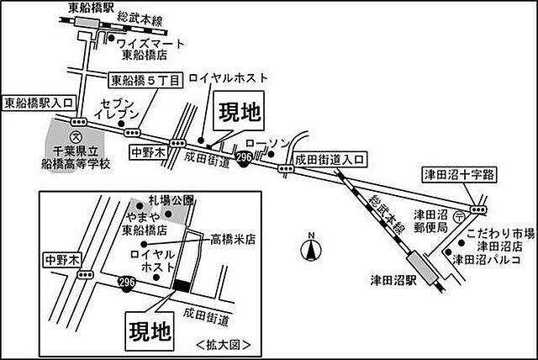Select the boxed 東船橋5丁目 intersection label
click(x=145, y=82)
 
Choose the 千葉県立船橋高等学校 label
click(x=76, y=156)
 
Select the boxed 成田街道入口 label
click(x=330, y=157)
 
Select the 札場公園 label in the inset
click(x=171, y=200)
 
